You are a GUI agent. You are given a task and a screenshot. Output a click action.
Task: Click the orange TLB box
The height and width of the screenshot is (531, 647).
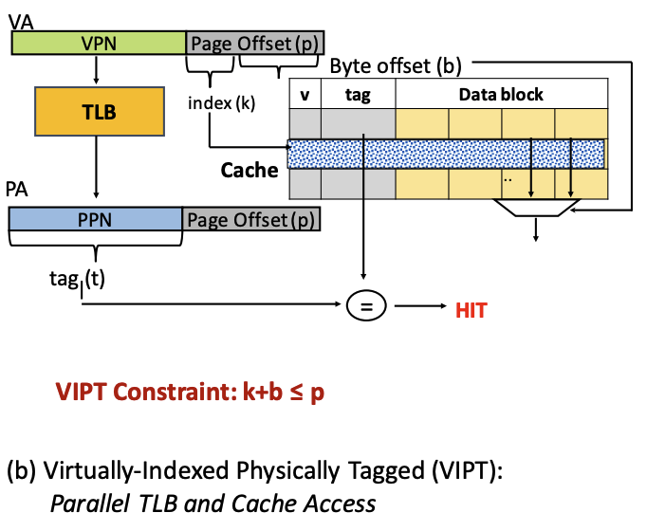click(100, 111)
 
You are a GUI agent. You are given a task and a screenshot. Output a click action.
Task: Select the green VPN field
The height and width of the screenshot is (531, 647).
click(99, 43)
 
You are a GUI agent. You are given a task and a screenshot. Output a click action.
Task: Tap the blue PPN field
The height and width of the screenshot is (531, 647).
click(95, 219)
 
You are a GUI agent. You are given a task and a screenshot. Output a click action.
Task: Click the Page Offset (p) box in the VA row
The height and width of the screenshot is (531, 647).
click(255, 43)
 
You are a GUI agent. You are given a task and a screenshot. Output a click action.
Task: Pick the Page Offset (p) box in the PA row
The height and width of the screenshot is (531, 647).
click(251, 219)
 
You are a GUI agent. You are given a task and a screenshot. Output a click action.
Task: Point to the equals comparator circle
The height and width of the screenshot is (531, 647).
click(366, 305)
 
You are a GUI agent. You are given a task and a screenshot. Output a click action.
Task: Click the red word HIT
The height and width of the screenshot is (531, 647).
click(471, 310)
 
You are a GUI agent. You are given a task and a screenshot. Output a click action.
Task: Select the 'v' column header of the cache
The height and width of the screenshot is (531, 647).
click(305, 94)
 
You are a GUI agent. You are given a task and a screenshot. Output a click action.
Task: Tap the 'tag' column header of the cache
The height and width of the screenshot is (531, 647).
click(358, 94)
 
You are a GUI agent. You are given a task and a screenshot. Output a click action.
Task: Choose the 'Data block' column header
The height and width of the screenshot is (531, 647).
click(501, 94)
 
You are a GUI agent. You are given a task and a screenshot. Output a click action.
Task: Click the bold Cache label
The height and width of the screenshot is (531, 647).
click(250, 171)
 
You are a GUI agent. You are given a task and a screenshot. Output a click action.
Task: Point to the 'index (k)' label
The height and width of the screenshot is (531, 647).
click(222, 103)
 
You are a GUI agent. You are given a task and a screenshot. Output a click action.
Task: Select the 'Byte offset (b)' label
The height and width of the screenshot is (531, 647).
click(396, 66)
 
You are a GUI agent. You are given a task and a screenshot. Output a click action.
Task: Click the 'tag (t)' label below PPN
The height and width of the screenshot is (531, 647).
click(77, 281)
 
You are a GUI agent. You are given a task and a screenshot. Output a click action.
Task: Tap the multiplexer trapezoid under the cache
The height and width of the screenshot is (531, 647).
click(536, 208)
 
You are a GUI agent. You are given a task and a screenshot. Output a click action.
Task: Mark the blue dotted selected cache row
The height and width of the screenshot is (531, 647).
click(446, 154)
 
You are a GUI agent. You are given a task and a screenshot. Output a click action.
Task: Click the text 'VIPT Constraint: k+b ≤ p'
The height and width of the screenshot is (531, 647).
click(190, 392)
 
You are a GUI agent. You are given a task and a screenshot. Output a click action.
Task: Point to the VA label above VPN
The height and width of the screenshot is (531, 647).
click(21, 22)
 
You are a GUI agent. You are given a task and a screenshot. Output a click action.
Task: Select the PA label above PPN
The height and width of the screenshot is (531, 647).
click(16, 190)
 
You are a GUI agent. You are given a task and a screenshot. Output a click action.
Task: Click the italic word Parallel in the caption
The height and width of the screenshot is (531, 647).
click(89, 504)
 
